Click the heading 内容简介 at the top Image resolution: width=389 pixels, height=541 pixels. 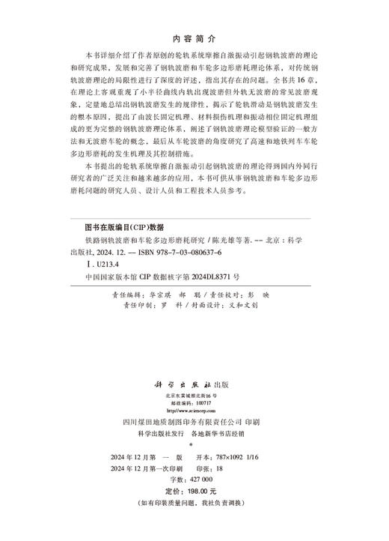pyautogui.click(x=194, y=37)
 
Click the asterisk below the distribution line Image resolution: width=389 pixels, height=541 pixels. pyautogui.click(x=194, y=445)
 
